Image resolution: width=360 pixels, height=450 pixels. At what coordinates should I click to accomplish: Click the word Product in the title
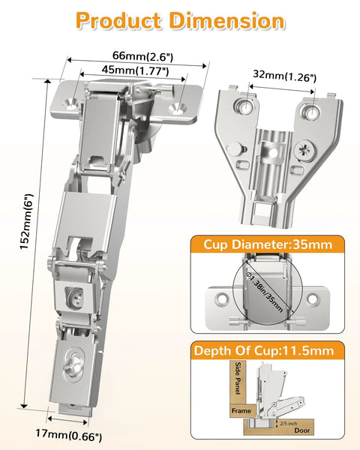[123, 22]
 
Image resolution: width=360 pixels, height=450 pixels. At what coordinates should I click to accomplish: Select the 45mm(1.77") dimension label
[134, 71]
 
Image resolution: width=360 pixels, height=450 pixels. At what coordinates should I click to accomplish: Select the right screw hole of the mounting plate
[307, 113]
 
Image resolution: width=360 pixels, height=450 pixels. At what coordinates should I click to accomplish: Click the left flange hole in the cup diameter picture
[221, 299]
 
